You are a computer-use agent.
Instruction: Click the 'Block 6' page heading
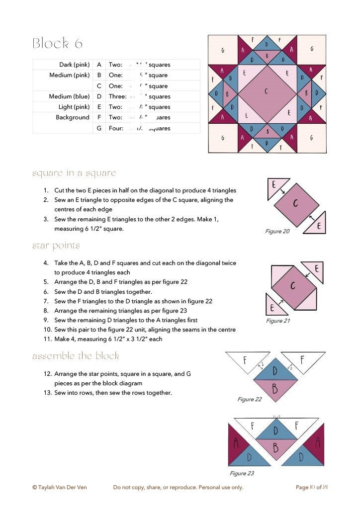57,44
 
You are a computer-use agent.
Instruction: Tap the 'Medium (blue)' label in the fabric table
69,96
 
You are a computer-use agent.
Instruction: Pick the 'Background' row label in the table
73,117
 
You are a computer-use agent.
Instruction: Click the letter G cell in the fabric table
99,128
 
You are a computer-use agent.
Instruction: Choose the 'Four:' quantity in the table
116,128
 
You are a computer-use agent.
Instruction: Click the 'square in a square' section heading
74,173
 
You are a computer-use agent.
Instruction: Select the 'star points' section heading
56,246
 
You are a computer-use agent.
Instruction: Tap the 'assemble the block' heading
76,356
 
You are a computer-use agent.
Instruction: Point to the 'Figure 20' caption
277,232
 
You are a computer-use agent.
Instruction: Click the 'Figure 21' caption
278,321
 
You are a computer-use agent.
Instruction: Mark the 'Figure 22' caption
250,399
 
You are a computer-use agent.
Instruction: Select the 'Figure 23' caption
242,473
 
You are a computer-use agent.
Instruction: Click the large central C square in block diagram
267,93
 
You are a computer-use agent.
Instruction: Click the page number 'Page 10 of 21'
311,487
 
